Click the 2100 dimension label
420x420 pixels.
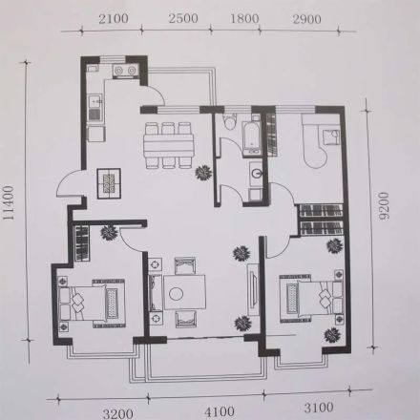coord(114,19)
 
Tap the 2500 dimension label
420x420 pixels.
coord(183,18)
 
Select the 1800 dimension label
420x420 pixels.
coord(244,18)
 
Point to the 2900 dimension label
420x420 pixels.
coord(306,19)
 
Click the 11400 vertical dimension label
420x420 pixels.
coord(9,202)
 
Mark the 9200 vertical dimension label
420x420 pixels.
coord(385,205)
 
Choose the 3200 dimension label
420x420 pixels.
coord(118,414)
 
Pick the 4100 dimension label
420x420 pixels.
coord(220,412)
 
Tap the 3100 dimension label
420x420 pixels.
coord(319,408)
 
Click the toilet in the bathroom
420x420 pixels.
coord(230,121)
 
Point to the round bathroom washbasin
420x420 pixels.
coord(256,173)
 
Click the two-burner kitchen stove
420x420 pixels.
coord(124,71)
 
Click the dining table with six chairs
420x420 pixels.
coord(168,145)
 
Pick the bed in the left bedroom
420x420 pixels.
coord(93,304)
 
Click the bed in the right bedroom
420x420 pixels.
coord(311,299)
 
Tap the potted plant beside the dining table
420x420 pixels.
coord(203,173)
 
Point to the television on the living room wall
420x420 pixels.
coord(253,289)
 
